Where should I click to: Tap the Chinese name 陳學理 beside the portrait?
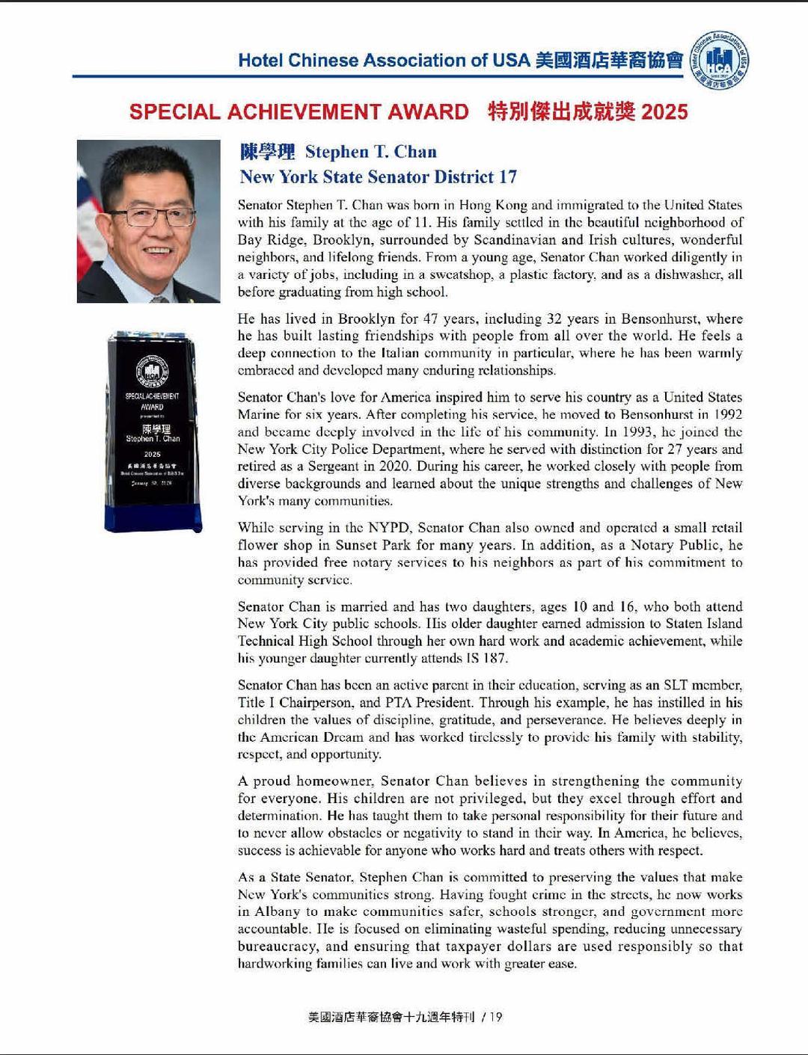coord(267,152)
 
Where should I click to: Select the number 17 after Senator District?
coord(507,177)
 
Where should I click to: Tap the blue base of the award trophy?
coord(153,517)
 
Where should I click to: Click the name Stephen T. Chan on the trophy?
coord(153,439)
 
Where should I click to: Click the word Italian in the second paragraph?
coord(403,353)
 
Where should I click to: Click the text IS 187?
coord(486,659)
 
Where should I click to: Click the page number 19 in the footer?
coord(495,1017)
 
